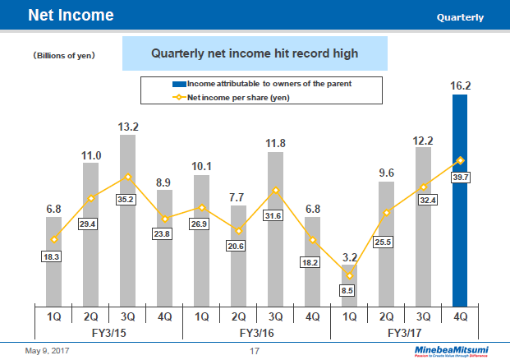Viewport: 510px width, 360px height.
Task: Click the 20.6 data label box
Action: click(x=238, y=246)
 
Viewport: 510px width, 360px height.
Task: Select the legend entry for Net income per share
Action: click(x=237, y=98)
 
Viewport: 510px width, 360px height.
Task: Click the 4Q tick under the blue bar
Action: click(x=460, y=315)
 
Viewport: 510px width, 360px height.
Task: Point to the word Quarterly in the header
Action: click(x=460, y=17)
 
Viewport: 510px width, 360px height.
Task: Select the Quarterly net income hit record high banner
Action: click(x=255, y=53)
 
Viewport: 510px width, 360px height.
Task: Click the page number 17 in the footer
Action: click(x=255, y=352)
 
